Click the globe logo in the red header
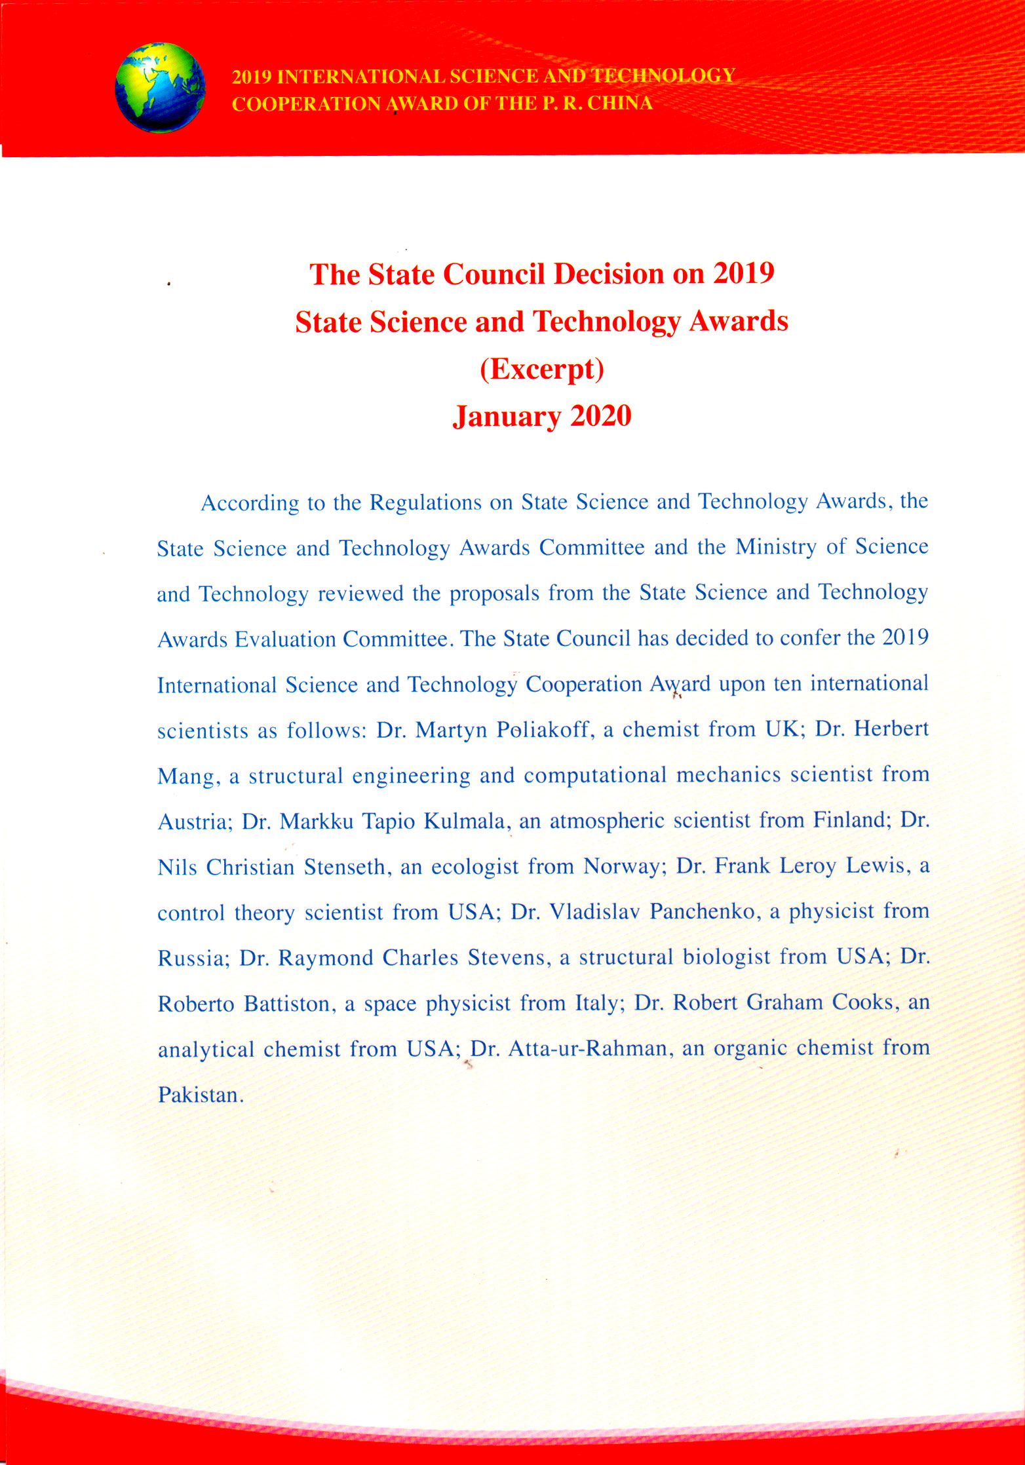(x=160, y=88)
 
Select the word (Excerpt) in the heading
(x=541, y=368)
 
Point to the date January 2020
(x=541, y=416)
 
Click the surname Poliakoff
(x=545, y=729)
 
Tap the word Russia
(x=193, y=959)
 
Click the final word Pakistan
(x=200, y=1095)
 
